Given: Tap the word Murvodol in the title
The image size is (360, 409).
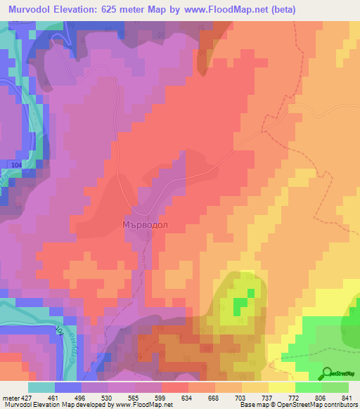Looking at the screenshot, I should point(32,10).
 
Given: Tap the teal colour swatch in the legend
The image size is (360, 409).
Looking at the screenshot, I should point(41,387).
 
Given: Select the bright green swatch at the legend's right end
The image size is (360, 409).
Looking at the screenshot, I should point(335,387).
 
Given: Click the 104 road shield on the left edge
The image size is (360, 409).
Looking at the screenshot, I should point(15,164).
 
